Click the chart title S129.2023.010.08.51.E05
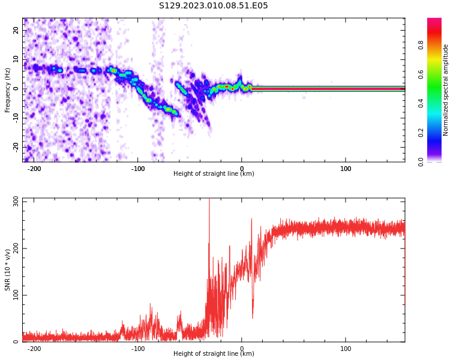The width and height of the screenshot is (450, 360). coord(213,6)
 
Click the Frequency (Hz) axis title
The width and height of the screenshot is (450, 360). coord(8,90)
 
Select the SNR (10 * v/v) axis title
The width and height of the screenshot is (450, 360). coord(8,270)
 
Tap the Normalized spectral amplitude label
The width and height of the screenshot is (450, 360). coord(446,90)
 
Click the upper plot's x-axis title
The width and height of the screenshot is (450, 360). coord(214,174)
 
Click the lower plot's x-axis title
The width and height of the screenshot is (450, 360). coord(214,354)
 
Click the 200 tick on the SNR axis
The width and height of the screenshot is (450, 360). coord(16,248)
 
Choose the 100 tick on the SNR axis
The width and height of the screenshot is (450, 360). coord(16,295)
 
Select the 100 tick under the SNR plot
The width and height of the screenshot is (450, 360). coord(346,349)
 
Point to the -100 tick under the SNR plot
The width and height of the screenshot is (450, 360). coord(138,349)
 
